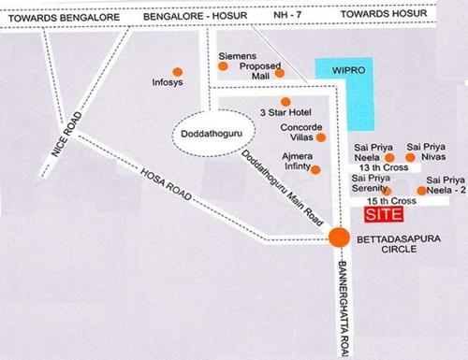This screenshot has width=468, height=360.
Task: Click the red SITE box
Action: pos(381,214)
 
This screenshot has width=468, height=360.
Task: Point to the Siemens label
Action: pos(237,56)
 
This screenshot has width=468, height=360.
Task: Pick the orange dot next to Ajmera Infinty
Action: pos(316,169)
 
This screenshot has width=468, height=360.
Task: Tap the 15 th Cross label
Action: pos(391,202)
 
